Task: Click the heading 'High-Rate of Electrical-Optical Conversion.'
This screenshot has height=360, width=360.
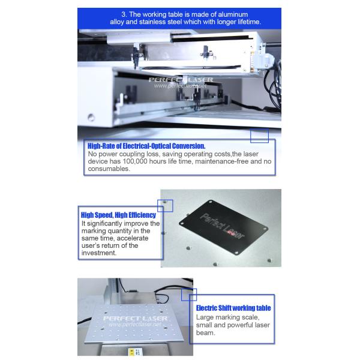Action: [146, 146]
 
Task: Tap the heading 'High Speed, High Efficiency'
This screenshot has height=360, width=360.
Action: [118, 215]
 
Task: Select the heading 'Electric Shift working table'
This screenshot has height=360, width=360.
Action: [233, 308]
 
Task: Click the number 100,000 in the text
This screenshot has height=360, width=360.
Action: [135, 161]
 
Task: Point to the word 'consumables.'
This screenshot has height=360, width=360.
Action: [109, 169]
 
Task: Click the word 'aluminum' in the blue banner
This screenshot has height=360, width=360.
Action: [233, 14]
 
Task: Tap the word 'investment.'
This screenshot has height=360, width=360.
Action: [99, 253]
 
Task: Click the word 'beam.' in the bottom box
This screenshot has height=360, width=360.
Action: [205, 332]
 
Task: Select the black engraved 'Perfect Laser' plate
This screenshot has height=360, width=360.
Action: [223, 227]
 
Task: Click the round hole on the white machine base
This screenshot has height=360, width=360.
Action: [91, 118]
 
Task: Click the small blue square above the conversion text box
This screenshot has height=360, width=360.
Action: [259, 136]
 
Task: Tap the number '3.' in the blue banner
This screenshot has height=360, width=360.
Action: [124, 14]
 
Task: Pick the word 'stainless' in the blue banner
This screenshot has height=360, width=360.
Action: [152, 22]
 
